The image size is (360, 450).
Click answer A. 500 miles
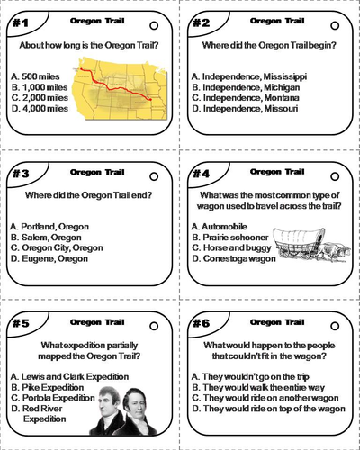tap(37, 76)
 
